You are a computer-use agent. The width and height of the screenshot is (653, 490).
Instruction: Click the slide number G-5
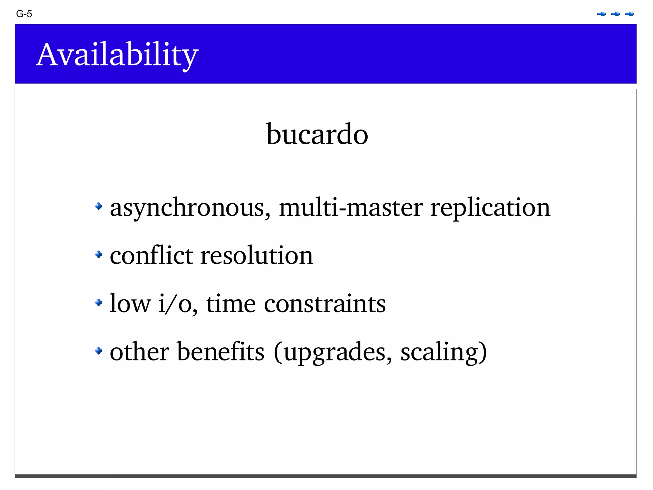pos(24,14)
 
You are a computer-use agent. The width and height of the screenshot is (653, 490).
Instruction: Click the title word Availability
pos(117,55)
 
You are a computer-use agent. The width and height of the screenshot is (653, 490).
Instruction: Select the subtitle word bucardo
pos(317,134)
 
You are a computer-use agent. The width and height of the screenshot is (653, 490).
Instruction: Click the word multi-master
pos(351,207)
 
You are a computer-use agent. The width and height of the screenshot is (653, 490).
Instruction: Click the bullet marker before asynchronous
pos(99,206)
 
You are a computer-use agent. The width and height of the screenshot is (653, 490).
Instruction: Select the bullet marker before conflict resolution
pos(99,254)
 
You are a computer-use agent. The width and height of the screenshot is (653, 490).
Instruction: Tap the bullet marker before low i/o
pos(99,302)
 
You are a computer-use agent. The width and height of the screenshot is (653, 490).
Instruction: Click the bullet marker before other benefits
pos(99,351)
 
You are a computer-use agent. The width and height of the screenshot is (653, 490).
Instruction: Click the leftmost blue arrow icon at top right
pos(601,14)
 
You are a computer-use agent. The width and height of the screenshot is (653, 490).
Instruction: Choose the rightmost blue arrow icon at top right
pos(629,14)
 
